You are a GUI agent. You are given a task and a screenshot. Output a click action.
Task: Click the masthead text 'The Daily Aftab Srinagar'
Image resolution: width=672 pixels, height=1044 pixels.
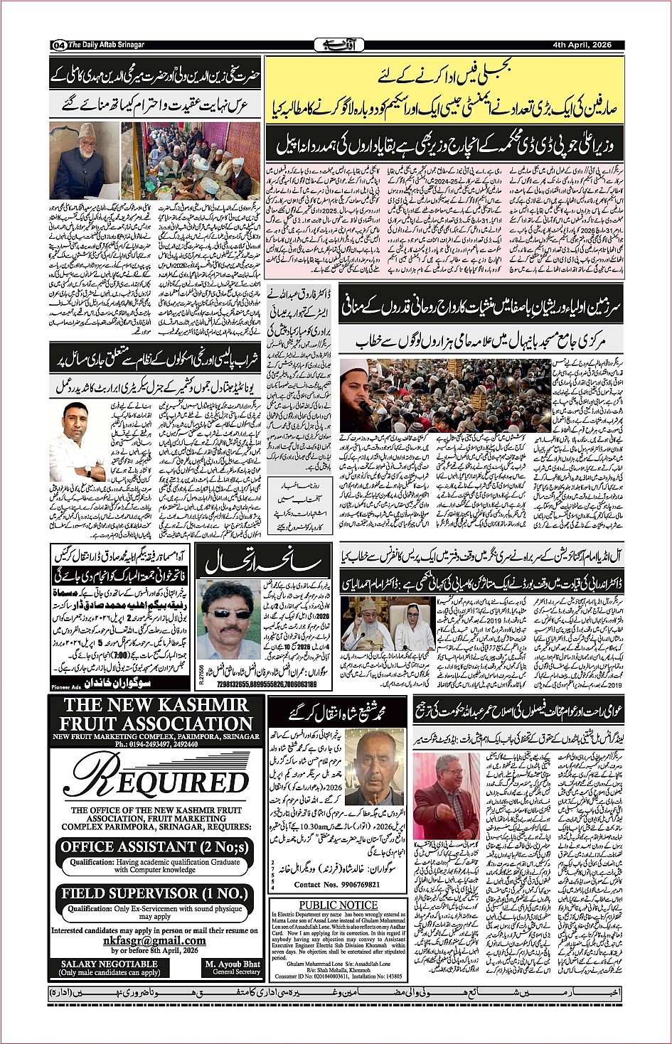[x=106, y=45]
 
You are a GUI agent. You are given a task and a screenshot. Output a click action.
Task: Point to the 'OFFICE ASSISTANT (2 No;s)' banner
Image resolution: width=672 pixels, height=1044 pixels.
[x=154, y=847]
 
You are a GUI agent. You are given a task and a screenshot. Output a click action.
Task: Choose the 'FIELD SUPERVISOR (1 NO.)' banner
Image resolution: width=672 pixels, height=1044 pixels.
[x=154, y=893]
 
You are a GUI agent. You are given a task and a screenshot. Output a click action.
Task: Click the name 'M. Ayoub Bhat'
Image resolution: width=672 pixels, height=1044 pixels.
[x=232, y=964]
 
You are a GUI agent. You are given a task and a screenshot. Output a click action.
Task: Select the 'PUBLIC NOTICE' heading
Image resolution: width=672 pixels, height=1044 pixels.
[x=338, y=905]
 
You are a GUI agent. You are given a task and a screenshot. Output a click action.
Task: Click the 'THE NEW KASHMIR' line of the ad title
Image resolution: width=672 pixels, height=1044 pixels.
[x=156, y=705]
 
